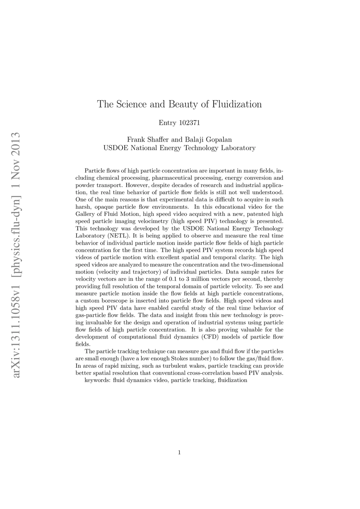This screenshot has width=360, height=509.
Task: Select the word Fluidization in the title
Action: coord(238,104)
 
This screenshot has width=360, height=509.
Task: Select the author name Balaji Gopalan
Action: coord(208,140)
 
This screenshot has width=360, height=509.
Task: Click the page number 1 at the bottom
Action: coord(180,453)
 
